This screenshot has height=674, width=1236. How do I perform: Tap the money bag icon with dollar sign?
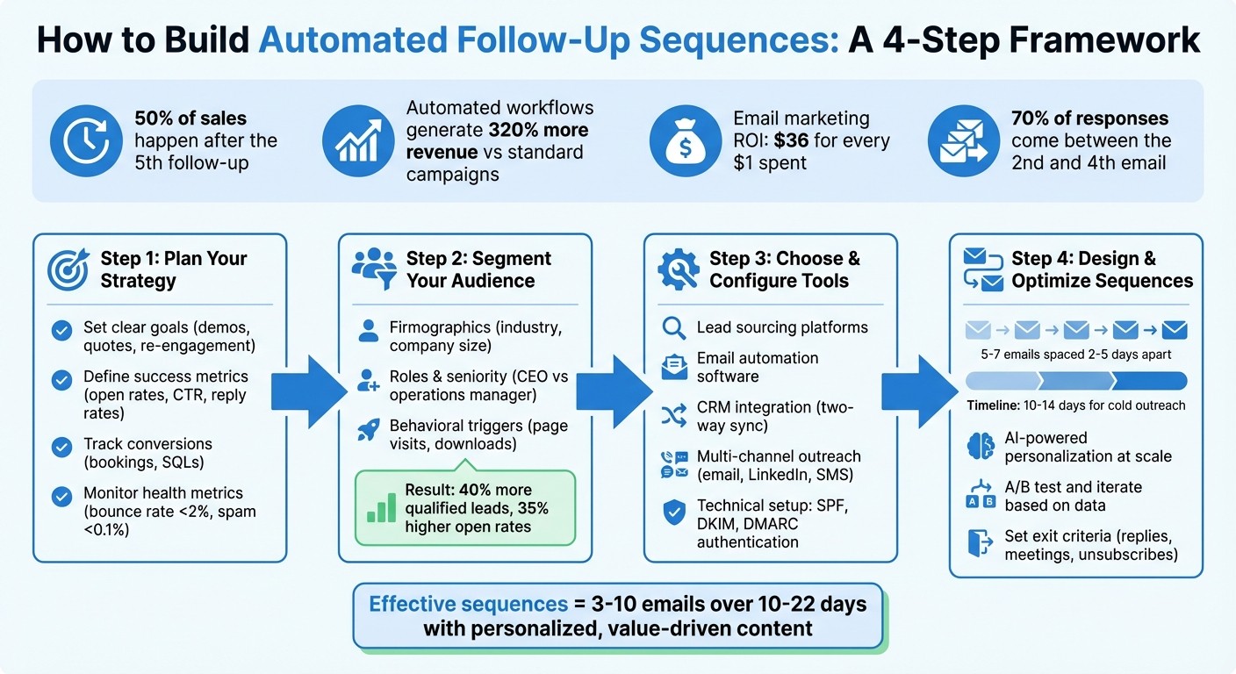click(679, 140)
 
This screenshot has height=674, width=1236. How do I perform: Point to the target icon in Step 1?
click(68, 269)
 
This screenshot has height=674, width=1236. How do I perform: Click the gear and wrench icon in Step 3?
click(679, 269)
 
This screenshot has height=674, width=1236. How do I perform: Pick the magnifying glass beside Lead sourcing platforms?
click(673, 327)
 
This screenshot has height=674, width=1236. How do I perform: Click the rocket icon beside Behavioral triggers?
click(368, 430)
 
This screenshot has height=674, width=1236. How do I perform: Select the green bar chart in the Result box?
click(381, 507)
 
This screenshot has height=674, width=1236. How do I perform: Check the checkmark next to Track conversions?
click(61, 448)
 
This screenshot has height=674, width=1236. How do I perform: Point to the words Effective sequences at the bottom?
click(468, 605)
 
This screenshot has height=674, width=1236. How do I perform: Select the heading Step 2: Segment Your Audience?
click(478, 269)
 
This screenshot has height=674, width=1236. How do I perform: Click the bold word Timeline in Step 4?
click(994, 405)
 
